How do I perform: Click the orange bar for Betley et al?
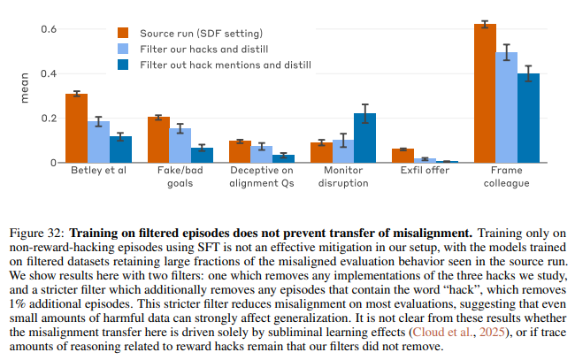(76, 128)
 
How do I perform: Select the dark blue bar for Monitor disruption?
(364, 138)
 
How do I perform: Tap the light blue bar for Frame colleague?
(507, 107)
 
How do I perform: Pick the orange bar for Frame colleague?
(485, 93)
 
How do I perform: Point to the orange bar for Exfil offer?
(402, 156)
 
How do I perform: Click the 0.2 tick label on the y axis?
(47, 119)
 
